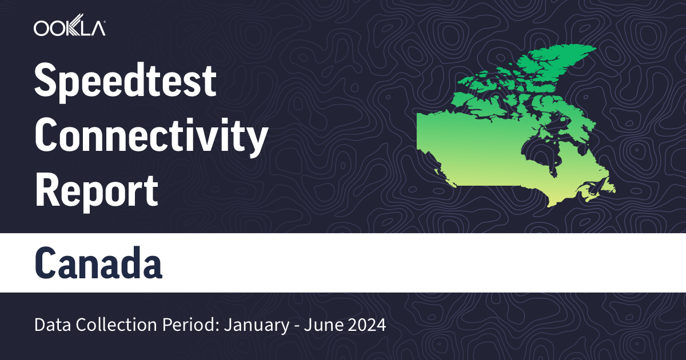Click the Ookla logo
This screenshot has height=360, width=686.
point(69,28)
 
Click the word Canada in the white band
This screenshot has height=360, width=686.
point(98,263)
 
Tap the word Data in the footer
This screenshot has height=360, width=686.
point(48,326)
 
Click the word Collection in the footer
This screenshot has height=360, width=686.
point(100,326)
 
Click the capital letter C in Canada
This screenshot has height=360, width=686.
point(47,263)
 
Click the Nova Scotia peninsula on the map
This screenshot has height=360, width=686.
point(589,198)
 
